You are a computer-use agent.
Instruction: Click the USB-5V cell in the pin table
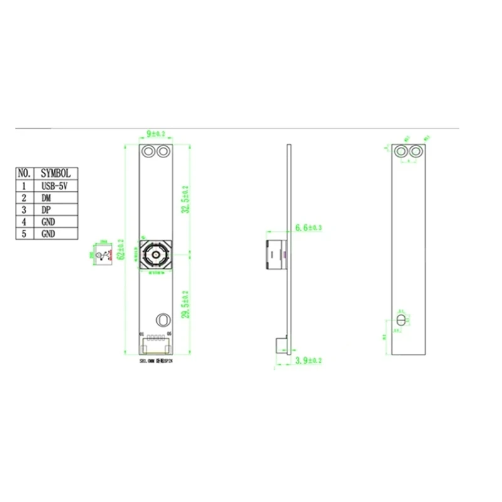(x=55, y=186)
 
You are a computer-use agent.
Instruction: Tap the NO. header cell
(x=25, y=173)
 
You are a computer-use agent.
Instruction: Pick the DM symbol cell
(x=55, y=198)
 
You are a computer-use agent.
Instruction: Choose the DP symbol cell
(x=55, y=210)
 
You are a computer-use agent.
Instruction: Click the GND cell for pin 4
(x=55, y=222)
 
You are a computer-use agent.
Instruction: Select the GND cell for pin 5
(x=55, y=233)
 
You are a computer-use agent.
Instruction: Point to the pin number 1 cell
(x=25, y=186)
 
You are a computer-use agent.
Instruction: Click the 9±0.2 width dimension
(x=156, y=134)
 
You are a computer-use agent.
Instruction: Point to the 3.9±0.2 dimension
(x=307, y=361)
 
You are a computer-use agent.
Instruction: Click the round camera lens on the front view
(x=154, y=255)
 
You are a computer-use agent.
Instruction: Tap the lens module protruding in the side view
(x=274, y=254)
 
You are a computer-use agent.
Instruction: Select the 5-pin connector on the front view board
(x=155, y=344)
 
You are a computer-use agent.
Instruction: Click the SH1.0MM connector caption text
(x=154, y=362)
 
